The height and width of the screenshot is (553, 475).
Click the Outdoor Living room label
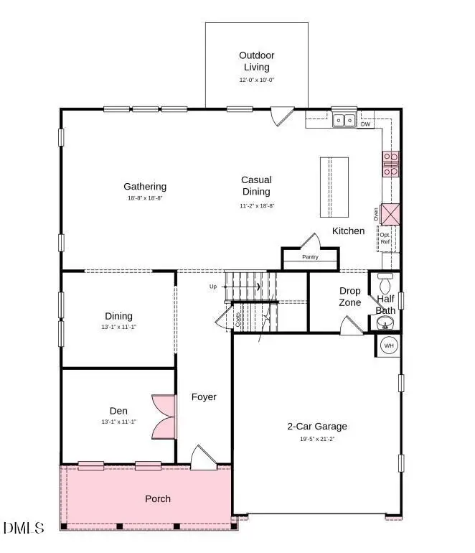click(256, 61)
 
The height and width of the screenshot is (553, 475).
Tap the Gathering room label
click(145, 187)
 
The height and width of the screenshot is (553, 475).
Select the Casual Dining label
click(256, 186)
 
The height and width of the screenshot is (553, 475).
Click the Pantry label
click(310, 257)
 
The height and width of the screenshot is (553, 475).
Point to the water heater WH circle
click(389, 345)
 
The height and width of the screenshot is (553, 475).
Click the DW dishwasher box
click(365, 124)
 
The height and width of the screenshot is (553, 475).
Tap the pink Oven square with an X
click(390, 215)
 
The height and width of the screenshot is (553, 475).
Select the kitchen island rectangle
click(334, 187)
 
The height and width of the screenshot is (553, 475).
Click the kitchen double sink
click(344, 120)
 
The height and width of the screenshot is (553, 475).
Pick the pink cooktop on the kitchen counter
click(390, 164)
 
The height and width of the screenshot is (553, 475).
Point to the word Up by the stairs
click(212, 287)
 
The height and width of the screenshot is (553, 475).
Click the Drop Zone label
click(350, 297)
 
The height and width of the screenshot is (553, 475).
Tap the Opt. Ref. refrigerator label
click(385, 238)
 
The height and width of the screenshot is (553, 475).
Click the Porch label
click(158, 498)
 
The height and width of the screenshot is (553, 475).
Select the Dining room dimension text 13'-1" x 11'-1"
click(119, 327)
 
